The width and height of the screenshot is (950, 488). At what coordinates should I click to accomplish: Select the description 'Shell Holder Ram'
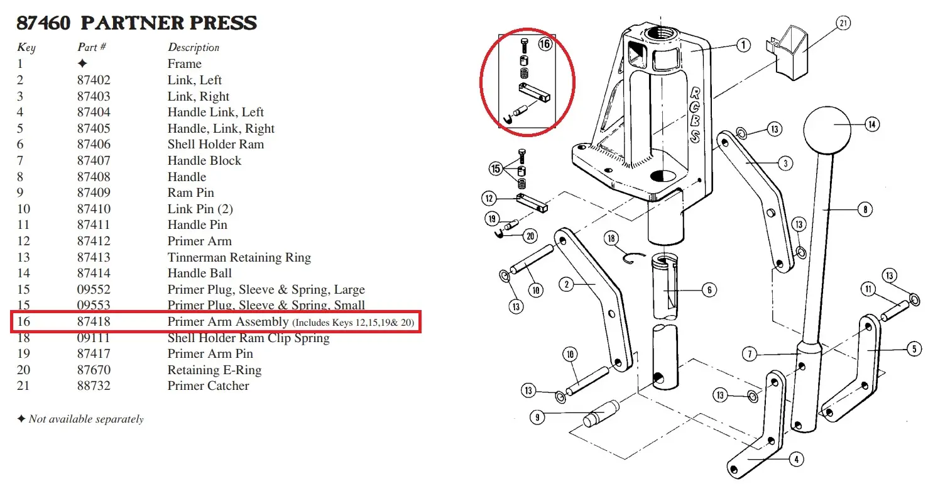click(x=216, y=145)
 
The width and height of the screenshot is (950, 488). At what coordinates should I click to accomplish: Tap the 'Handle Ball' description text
click(x=199, y=273)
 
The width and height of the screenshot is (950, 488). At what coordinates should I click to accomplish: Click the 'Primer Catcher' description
click(x=208, y=386)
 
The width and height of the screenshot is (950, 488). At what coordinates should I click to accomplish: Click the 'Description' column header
click(x=194, y=48)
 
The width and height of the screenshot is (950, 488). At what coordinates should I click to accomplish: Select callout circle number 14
click(x=871, y=125)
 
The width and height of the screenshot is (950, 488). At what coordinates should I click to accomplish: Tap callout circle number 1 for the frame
click(x=743, y=45)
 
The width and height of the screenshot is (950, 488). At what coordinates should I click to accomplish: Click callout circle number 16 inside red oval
click(x=545, y=45)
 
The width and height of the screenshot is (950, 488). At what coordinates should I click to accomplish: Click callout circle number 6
click(x=708, y=290)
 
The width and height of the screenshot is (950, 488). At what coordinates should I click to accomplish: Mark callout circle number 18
click(x=611, y=238)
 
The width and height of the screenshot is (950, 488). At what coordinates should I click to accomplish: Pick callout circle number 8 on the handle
click(x=865, y=209)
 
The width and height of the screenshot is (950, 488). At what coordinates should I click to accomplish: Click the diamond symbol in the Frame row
click(x=82, y=64)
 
